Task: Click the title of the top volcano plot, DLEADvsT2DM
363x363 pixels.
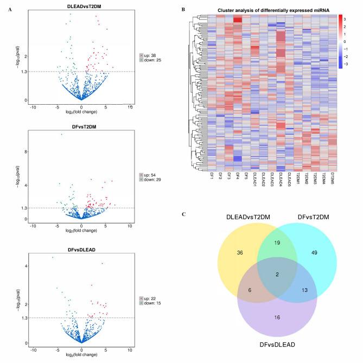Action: (82, 6)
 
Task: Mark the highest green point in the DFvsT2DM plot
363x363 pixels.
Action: (61, 134)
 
